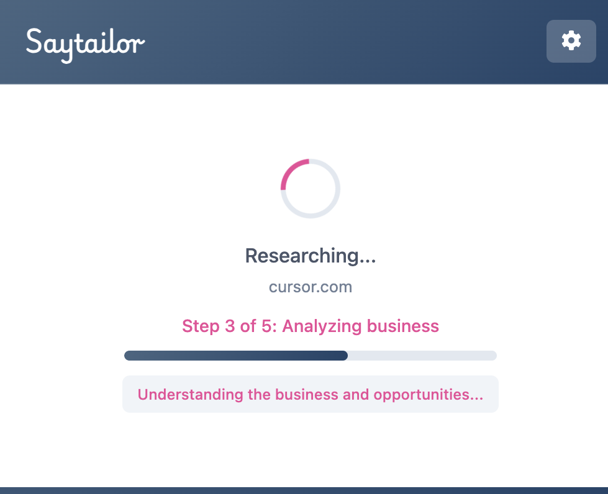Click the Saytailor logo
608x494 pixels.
[x=85, y=43]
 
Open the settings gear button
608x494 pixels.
[x=571, y=41]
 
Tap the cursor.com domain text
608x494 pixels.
[x=311, y=287]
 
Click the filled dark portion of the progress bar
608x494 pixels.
[x=236, y=356]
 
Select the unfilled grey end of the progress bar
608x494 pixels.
[x=422, y=356]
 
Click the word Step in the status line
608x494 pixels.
[x=201, y=326]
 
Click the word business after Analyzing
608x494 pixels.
[x=403, y=326]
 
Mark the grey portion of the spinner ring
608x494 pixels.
[x=329, y=205]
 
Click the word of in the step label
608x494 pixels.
[x=248, y=326]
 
